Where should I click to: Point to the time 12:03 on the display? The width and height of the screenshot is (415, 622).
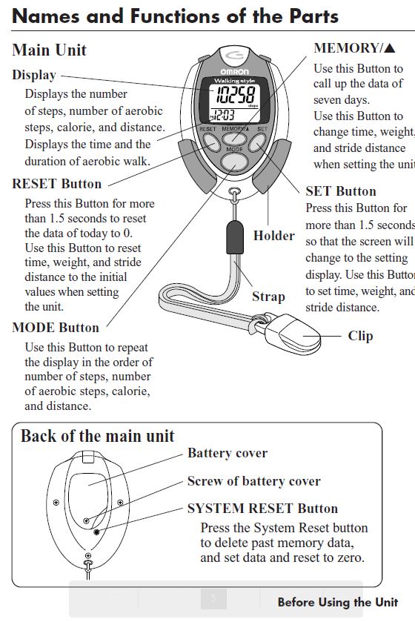(x=223, y=115)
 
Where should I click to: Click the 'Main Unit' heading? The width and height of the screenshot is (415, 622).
(x=49, y=50)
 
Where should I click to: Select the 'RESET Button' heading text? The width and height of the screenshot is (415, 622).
(x=57, y=184)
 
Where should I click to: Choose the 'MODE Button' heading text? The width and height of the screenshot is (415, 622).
(x=56, y=328)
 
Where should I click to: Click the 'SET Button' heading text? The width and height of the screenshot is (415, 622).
(x=341, y=191)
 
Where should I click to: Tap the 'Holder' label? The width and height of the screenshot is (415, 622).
(x=273, y=236)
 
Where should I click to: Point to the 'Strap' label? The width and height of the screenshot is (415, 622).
(x=268, y=297)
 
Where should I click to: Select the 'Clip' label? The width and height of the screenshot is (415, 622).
(x=361, y=336)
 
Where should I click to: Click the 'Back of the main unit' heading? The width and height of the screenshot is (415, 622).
(x=97, y=436)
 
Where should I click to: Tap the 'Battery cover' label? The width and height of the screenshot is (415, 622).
(x=228, y=453)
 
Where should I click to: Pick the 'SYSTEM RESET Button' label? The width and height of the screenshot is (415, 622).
(x=262, y=509)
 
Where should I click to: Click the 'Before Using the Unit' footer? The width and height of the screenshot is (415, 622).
(x=337, y=602)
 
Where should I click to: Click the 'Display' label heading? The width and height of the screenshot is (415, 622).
(x=34, y=75)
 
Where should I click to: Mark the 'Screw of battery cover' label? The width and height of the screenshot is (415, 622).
(x=253, y=481)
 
